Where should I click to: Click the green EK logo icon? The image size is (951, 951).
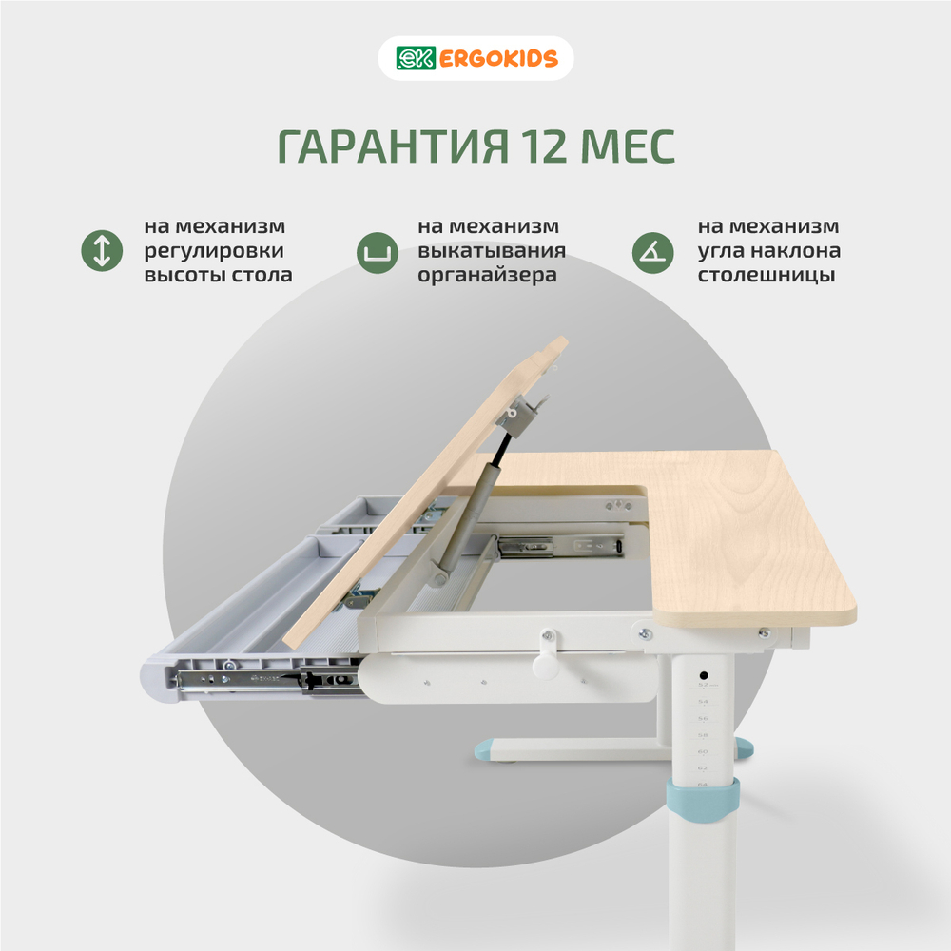(415, 59)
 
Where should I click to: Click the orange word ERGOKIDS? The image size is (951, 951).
(498, 59)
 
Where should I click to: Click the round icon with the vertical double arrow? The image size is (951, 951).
(104, 251)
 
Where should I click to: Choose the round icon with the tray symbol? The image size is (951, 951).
(378, 251)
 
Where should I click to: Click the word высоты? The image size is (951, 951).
(181, 276)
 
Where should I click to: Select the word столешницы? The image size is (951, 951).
(767, 276)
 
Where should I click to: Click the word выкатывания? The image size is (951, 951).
(492, 251)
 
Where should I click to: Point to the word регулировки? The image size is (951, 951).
(214, 251)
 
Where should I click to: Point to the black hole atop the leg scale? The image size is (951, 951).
(702, 670)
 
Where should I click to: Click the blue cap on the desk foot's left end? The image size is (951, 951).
(489, 750)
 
